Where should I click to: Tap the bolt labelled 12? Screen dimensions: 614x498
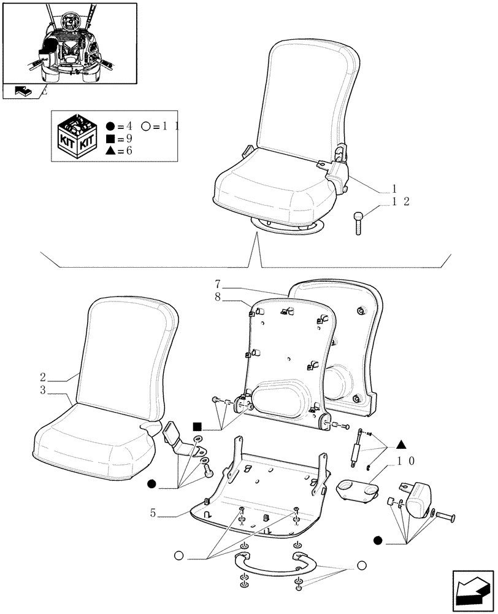(359, 222)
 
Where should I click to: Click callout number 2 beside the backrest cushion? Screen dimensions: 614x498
(44, 377)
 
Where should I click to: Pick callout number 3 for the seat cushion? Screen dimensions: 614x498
(44, 391)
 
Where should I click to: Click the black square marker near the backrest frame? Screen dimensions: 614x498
(196, 426)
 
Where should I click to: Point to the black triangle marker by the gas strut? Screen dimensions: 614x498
(400, 444)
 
